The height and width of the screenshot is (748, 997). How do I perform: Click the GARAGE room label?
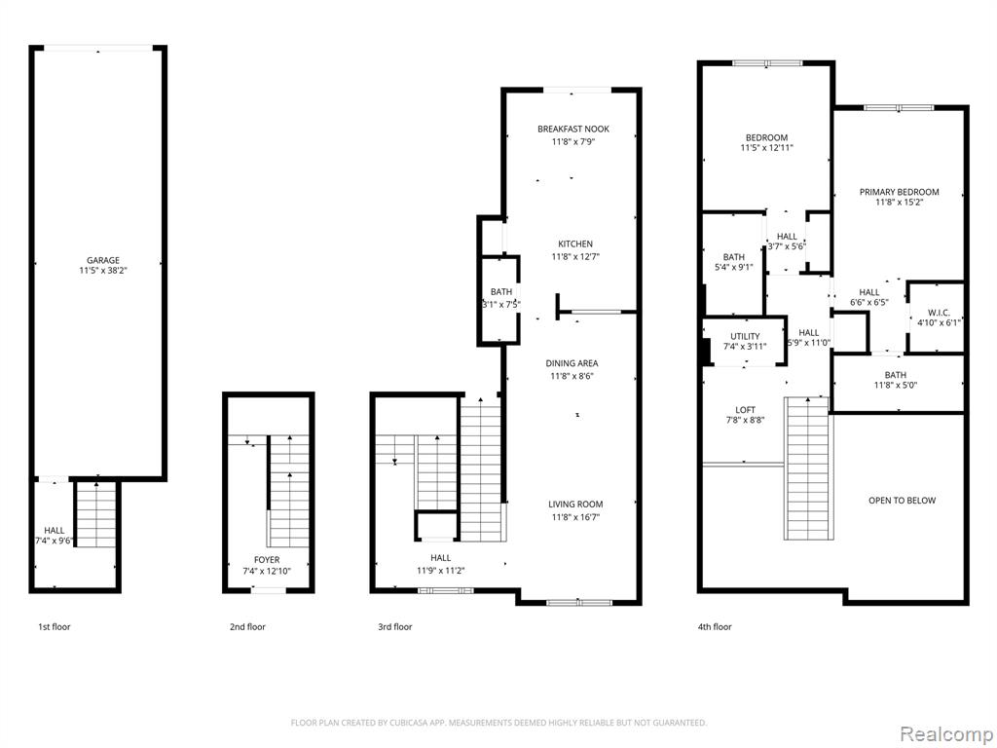(103, 260)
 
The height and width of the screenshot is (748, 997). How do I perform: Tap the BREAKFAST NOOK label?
(573, 130)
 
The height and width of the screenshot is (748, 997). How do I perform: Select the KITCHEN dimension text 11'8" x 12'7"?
(575, 257)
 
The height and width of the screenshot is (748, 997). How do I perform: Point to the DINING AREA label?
(572, 363)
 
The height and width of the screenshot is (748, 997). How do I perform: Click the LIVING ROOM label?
(575, 505)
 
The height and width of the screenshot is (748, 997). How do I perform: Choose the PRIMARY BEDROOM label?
(899, 192)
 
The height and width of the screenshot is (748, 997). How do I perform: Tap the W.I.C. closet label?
(939, 313)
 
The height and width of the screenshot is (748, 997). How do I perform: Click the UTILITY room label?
(745, 336)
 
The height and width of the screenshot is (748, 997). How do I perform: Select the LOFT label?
(745, 410)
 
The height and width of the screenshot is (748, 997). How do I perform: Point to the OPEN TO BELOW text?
(903, 501)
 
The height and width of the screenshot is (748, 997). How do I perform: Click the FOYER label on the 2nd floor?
(267, 560)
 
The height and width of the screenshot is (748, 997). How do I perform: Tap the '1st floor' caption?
(55, 627)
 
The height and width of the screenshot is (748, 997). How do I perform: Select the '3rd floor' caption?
(395, 627)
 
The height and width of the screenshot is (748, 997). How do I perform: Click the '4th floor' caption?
(715, 627)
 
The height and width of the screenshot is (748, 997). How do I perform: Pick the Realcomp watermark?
(944, 734)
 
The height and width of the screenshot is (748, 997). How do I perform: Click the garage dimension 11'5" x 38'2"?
(103, 271)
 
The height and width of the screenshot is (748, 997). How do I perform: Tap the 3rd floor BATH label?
(501, 292)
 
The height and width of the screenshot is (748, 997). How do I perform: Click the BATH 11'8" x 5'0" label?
(896, 380)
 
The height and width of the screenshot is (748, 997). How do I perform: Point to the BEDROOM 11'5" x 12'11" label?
(767, 142)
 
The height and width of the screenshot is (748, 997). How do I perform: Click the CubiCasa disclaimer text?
(498, 723)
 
